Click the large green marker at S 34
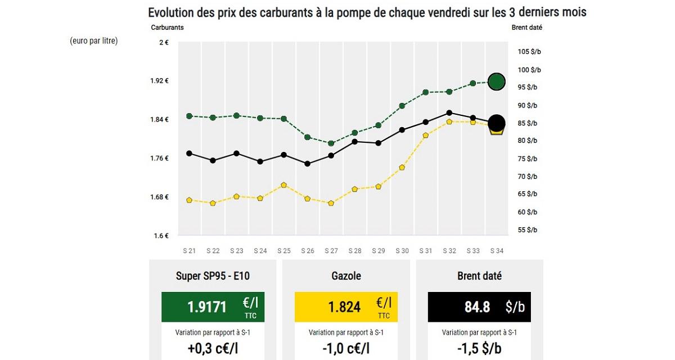click(496, 82)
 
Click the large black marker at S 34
click(496, 123)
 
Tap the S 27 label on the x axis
click(331, 251)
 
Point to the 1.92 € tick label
click(160, 81)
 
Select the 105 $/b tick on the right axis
click(529, 52)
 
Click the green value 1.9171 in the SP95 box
click(207, 307)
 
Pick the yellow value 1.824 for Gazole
click(344, 307)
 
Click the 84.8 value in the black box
click(478, 307)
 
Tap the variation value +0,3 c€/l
click(212, 348)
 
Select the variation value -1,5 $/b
click(479, 348)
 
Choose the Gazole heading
click(346, 276)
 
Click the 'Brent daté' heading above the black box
click(479, 276)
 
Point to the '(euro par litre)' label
click(94, 41)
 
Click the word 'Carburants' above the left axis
click(167, 27)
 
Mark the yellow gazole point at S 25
click(284, 185)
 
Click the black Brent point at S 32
click(449, 112)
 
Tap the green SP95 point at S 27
click(331, 143)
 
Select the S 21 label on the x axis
click(189, 251)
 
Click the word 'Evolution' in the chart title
click(171, 12)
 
